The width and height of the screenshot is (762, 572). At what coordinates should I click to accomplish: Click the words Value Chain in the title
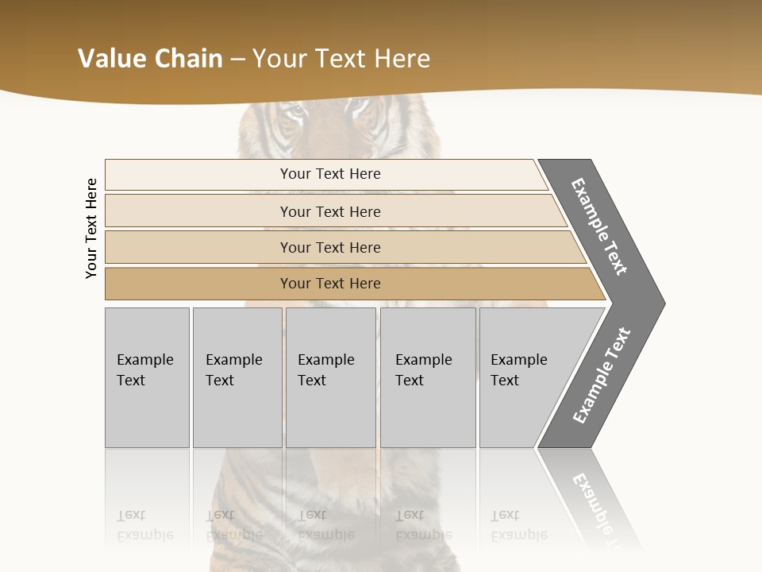(x=150, y=59)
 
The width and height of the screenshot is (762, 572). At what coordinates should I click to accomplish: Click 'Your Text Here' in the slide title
(x=341, y=59)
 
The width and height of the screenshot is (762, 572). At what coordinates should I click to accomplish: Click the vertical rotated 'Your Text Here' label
(x=91, y=228)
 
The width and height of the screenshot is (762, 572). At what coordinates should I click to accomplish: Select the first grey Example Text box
(x=147, y=377)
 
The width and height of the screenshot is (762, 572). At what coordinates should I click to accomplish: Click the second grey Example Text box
(x=237, y=377)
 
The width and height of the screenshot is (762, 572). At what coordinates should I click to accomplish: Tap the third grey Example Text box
(x=330, y=377)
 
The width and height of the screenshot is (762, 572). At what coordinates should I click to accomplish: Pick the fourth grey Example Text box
(x=428, y=377)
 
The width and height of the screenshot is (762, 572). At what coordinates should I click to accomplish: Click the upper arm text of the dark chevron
(x=599, y=226)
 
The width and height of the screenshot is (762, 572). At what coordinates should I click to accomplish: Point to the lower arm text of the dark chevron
(x=602, y=376)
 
